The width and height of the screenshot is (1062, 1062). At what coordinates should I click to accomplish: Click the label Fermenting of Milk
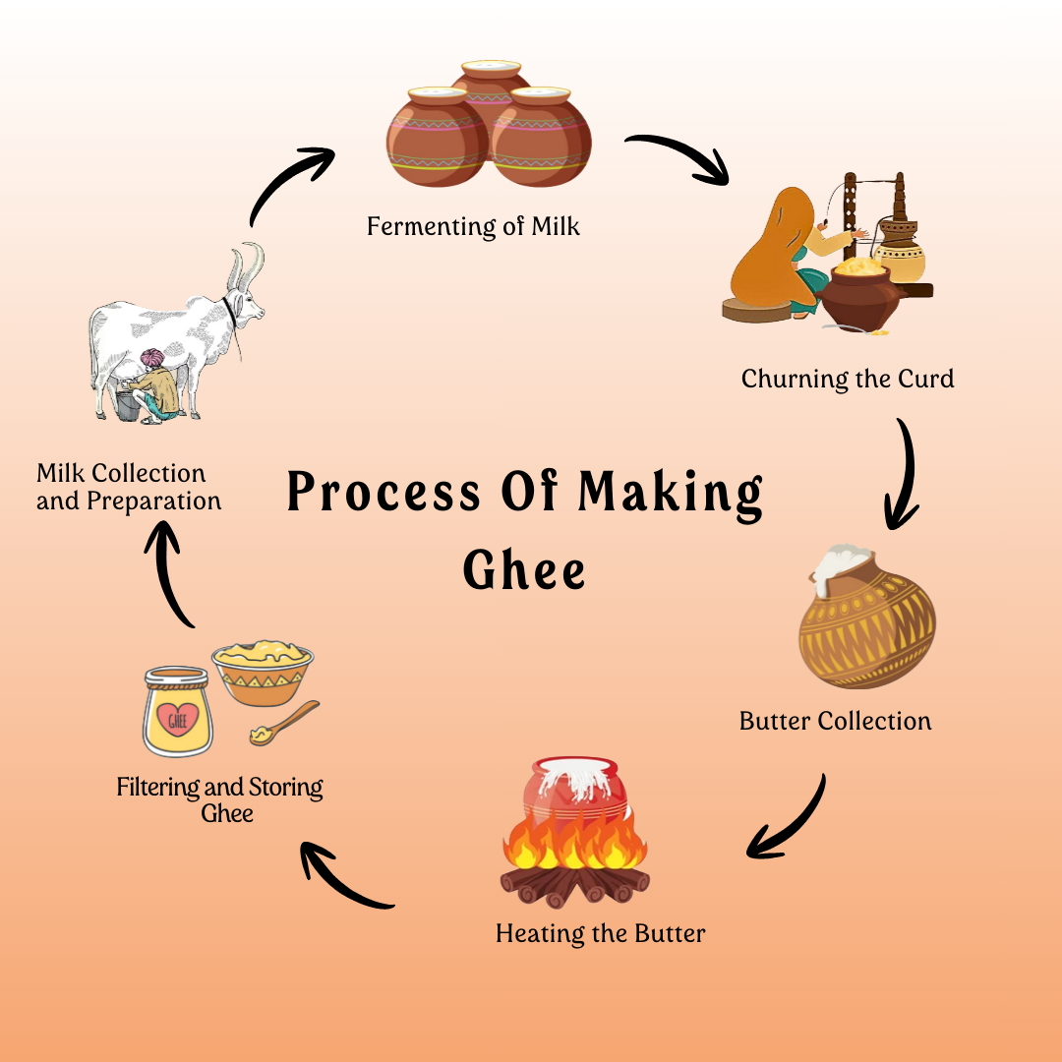click(x=473, y=227)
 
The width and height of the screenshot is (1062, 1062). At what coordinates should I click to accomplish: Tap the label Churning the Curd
click(x=848, y=379)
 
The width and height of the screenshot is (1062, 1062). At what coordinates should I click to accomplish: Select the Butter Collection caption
click(x=835, y=721)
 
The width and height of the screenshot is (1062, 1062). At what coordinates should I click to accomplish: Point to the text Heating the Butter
click(x=600, y=933)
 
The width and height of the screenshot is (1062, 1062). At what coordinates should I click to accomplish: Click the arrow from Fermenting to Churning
click(x=679, y=156)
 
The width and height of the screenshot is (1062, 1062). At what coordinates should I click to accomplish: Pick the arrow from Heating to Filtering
click(x=344, y=875)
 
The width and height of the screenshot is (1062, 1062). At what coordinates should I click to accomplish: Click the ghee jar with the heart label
click(x=177, y=710)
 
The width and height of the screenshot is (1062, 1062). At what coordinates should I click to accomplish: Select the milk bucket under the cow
click(x=127, y=402)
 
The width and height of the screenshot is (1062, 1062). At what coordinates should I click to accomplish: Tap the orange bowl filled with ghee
click(x=263, y=673)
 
